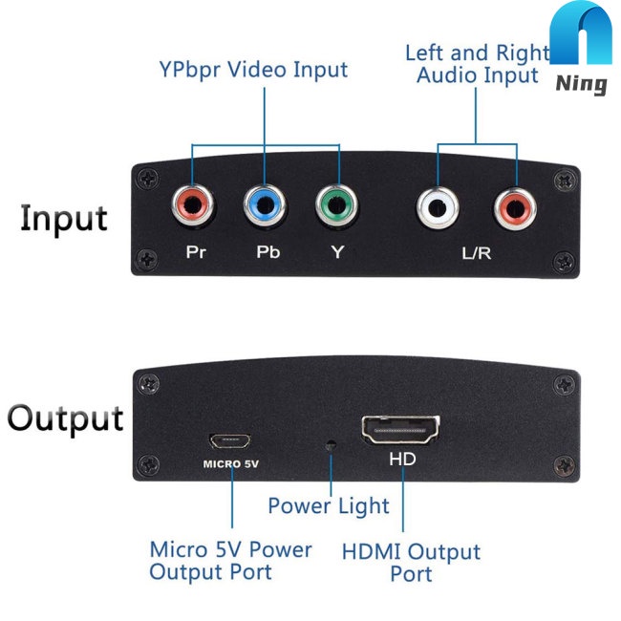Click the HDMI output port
(x=400, y=432)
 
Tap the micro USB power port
(x=229, y=441)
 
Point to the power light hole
(x=332, y=445)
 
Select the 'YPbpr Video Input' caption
(x=253, y=70)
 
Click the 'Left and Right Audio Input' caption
(x=477, y=63)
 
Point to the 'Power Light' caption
(x=328, y=505)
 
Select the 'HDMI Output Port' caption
(x=411, y=563)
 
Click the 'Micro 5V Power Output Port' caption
(x=230, y=561)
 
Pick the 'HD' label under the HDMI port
(x=402, y=459)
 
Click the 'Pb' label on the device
(x=266, y=254)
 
